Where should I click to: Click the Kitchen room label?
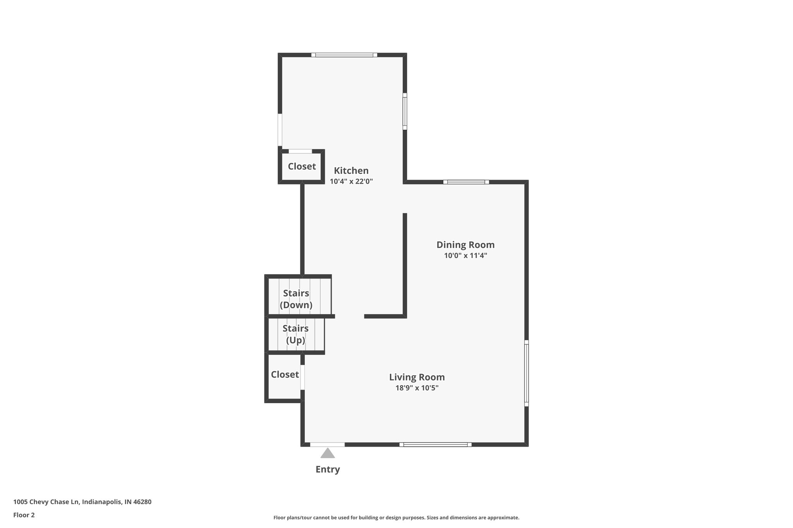coord(351,171)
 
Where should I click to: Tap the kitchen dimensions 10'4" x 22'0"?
coord(351,181)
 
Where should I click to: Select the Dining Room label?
coord(465,244)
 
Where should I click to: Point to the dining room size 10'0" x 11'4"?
coord(465,255)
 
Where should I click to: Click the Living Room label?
coord(417,377)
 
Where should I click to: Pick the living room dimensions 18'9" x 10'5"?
coord(417,388)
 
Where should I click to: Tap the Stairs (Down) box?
coord(296,299)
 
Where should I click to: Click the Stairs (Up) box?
coord(295,334)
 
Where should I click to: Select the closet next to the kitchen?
coord(302,166)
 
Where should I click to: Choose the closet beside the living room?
coord(285,374)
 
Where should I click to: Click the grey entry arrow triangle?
coord(328,453)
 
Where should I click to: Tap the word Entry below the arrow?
coord(328,469)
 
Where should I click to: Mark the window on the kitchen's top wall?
coord(344,55)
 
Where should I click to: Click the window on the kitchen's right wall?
coord(405,111)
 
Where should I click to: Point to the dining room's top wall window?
coord(466,182)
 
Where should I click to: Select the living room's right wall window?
coord(526,373)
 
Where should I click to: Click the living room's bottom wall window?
coord(435,444)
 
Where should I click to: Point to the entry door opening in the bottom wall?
coord(327,444)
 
